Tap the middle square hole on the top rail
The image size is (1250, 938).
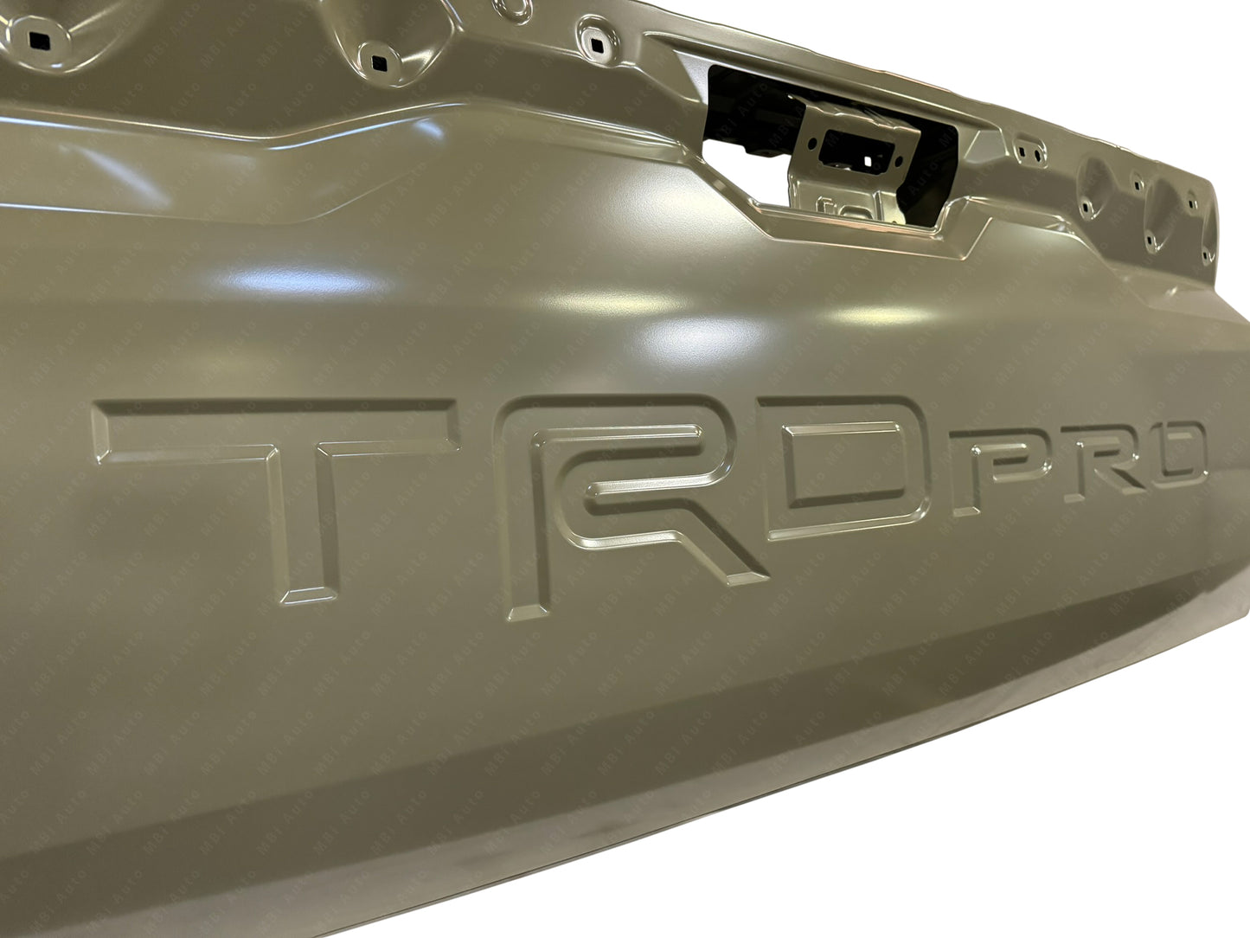click(378, 62)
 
